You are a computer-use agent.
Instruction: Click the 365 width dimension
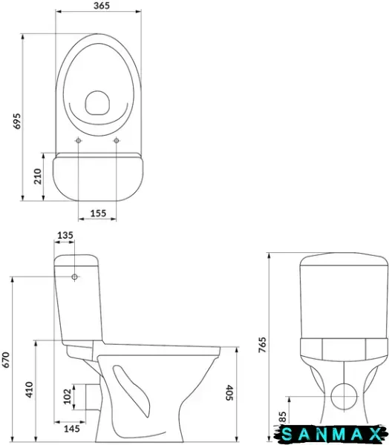coord(102,6)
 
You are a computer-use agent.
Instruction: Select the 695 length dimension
coord(17,121)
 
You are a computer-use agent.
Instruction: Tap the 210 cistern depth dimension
coord(38,177)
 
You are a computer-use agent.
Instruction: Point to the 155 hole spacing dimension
coord(98,213)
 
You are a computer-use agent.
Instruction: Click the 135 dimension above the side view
coord(65,235)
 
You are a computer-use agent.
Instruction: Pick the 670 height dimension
coord(6,360)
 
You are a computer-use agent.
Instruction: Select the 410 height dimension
coord(29,389)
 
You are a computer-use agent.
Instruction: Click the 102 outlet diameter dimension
coord(67,396)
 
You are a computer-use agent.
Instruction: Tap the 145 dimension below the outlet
coord(71,429)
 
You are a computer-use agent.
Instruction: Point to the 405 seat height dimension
coord(229,393)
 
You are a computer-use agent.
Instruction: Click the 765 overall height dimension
coord(262,345)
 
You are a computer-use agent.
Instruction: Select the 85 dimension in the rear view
coord(282,418)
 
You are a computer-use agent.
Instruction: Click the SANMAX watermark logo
coord(330,434)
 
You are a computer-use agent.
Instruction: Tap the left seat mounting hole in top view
coord(78,140)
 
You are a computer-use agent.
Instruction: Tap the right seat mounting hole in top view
coord(117,140)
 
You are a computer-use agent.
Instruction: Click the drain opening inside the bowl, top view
coord(97,103)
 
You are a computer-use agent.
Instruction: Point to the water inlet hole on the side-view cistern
coord(74,277)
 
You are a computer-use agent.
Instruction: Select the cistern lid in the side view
coord(76,260)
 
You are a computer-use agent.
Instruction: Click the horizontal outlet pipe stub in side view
coord(93,397)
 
